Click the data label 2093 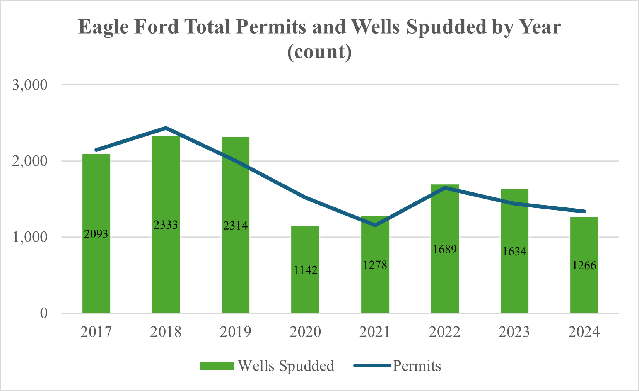[x=96, y=234]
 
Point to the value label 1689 [x=445, y=249]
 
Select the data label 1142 [x=305, y=270]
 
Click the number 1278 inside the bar [x=375, y=265]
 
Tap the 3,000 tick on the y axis [x=30, y=85]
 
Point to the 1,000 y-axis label [x=30, y=237]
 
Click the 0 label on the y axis [x=44, y=313]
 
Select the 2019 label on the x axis [x=236, y=332]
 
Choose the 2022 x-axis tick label [x=445, y=332]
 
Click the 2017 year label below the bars [x=96, y=332]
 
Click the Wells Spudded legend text [x=286, y=365]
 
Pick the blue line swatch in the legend [x=371, y=365]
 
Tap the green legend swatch [x=216, y=365]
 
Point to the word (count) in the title [x=319, y=51]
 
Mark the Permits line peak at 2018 [x=166, y=127]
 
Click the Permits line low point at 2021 [x=375, y=225]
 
